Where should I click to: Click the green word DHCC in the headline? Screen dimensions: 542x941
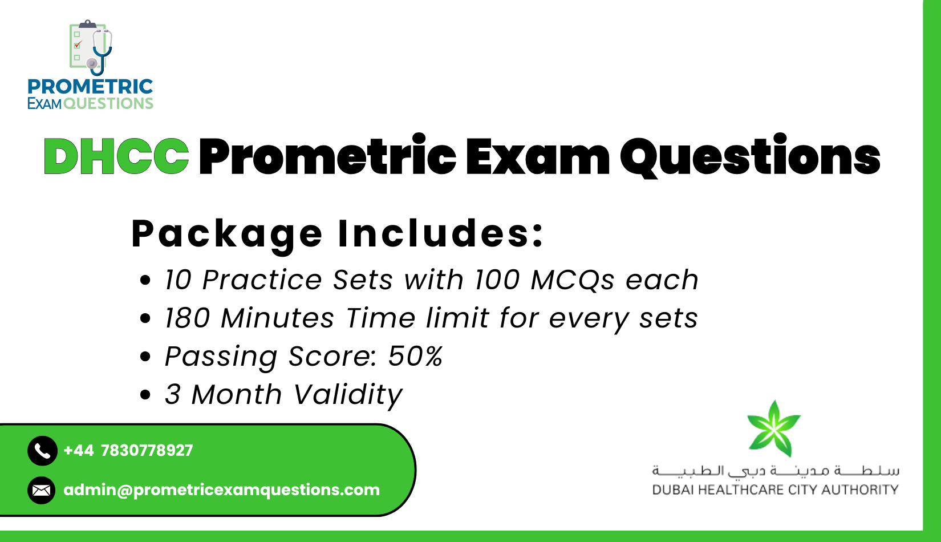pyautogui.click(x=116, y=156)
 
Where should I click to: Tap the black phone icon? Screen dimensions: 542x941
pyautogui.click(x=42, y=451)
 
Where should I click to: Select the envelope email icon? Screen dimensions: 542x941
pyautogui.click(x=42, y=490)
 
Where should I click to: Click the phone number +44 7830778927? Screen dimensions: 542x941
pyautogui.click(x=128, y=451)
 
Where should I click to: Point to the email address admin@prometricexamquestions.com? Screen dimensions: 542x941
pyautogui.click(x=221, y=490)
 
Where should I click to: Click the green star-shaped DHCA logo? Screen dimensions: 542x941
pyautogui.click(x=774, y=428)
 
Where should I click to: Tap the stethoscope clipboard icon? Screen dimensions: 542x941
pyautogui.click(x=90, y=48)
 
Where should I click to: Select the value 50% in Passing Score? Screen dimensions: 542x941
pyautogui.click(x=415, y=356)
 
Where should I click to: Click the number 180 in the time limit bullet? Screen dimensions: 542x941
pyautogui.click(x=187, y=318)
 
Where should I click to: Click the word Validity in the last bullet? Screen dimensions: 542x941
pyautogui.click(x=348, y=394)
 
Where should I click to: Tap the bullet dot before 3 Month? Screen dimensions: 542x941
pyautogui.click(x=145, y=395)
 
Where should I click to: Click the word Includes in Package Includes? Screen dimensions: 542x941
pyautogui.click(x=440, y=233)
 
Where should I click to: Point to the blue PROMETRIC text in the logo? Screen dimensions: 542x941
pyautogui.click(x=90, y=87)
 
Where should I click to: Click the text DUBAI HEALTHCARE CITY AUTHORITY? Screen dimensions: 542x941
pyautogui.click(x=775, y=490)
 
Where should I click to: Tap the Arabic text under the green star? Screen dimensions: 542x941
pyautogui.click(x=775, y=471)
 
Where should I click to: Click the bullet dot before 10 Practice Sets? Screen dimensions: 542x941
pyautogui.click(x=145, y=280)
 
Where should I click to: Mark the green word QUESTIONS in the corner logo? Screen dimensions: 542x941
pyautogui.click(x=108, y=103)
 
